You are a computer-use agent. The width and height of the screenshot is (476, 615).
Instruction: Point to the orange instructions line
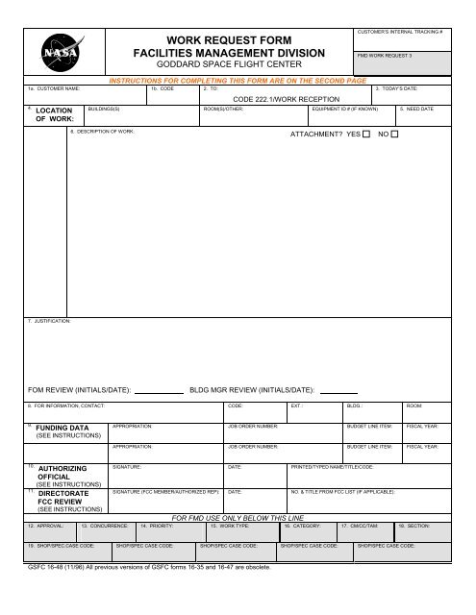240,81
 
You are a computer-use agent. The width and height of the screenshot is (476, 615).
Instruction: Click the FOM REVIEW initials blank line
158,392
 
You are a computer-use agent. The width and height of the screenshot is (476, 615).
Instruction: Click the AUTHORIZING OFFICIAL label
63,473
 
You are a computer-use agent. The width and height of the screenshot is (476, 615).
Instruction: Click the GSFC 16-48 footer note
149,567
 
